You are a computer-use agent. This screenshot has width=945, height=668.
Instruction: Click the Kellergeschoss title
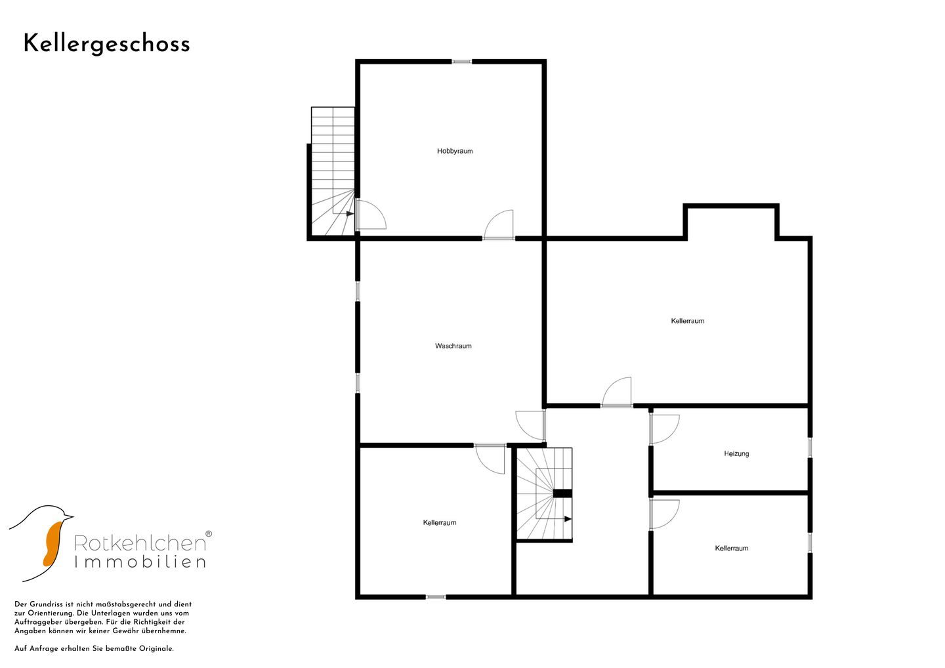[x=107, y=45]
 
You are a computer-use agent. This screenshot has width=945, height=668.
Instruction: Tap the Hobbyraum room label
[x=455, y=151]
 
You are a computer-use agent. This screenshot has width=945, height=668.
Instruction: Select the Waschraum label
[x=453, y=346]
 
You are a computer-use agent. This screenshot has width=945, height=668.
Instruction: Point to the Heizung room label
[x=736, y=454]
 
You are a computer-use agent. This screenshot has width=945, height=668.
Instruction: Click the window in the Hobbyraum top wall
[x=461, y=62]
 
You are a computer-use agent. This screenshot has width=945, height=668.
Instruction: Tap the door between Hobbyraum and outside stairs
[x=370, y=215]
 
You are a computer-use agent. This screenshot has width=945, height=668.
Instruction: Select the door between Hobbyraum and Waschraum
[x=498, y=225]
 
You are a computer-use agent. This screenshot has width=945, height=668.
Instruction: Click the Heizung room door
[x=664, y=429]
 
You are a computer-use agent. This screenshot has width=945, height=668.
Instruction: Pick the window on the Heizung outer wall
[x=810, y=448]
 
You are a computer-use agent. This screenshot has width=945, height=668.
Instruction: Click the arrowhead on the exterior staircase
[x=350, y=214]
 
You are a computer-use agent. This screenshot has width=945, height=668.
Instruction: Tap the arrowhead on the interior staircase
[x=568, y=518]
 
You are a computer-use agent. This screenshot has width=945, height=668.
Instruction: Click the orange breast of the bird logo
[x=52, y=543]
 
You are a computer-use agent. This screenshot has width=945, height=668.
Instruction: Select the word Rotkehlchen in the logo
[x=140, y=543]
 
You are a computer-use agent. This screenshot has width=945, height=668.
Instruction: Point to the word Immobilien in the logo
[x=140, y=562]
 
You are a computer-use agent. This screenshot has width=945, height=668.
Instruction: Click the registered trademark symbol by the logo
[x=209, y=534]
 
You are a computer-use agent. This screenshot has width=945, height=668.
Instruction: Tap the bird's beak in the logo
[x=68, y=516]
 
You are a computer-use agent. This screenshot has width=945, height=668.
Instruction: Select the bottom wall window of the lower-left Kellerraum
[x=436, y=596]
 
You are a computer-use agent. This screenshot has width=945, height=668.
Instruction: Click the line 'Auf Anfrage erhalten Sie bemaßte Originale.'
[x=94, y=648]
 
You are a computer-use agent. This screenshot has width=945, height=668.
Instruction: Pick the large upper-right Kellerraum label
[x=688, y=321]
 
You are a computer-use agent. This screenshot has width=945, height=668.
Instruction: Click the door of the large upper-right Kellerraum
[x=616, y=392]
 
